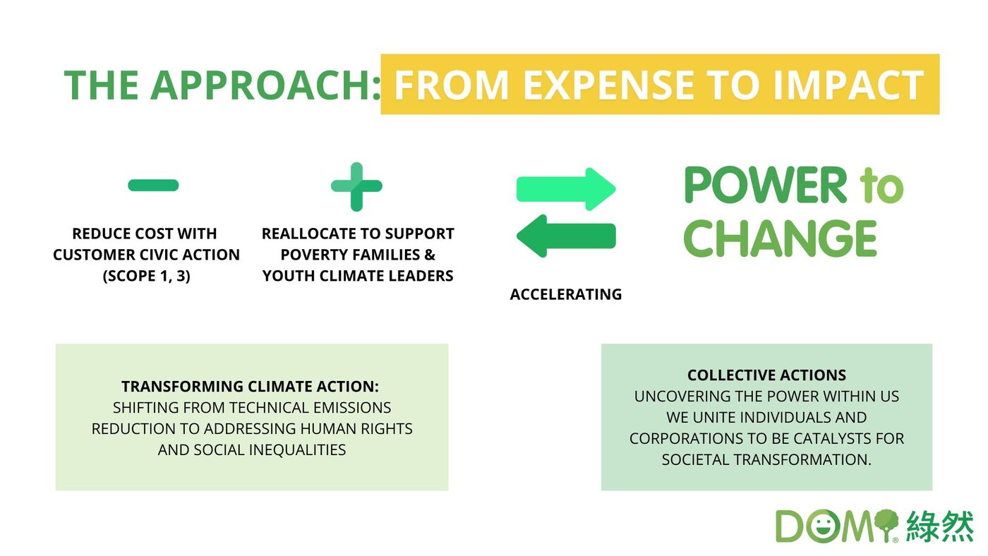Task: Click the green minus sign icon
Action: [x=153, y=185]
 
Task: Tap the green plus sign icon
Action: [x=356, y=186]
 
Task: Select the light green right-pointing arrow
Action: [x=566, y=188]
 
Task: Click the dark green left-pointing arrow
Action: [x=566, y=236]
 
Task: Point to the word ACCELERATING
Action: [x=566, y=294]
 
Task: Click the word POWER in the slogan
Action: [x=765, y=185]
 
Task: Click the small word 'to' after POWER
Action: [x=881, y=186]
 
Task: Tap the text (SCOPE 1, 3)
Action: [x=147, y=276]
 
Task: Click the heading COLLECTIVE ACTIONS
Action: [x=766, y=375]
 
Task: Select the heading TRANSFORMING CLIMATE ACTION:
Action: [x=250, y=386]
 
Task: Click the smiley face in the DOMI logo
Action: [x=821, y=526]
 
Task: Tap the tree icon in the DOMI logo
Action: [x=886, y=525]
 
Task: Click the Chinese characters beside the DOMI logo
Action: [x=939, y=526]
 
